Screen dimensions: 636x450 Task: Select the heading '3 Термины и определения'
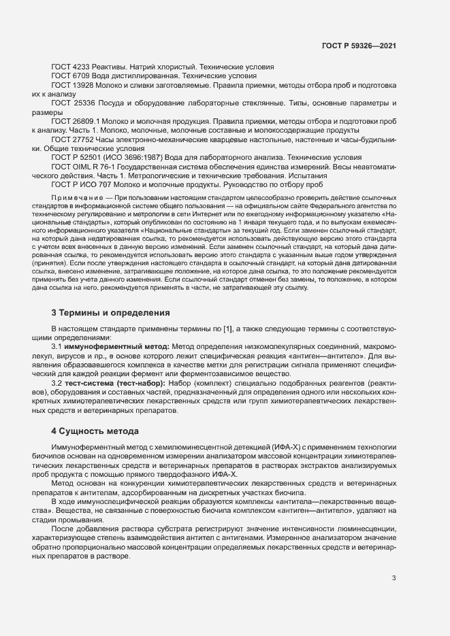[x=106, y=313]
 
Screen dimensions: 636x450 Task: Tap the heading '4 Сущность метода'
[x=95, y=431]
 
